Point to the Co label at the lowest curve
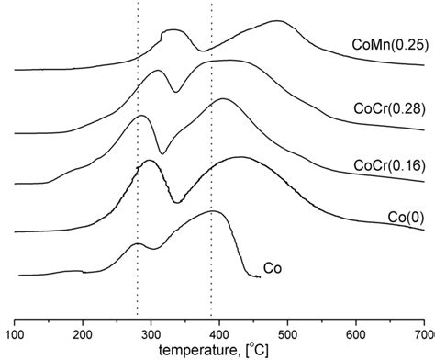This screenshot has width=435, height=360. pos(272,268)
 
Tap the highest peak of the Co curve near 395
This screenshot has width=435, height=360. pos(215,212)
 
